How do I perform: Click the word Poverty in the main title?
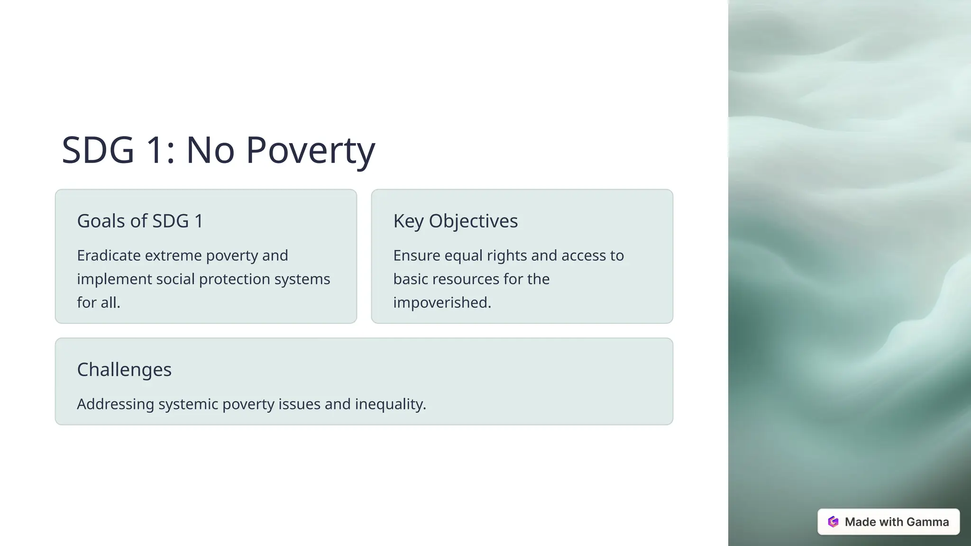[311, 151]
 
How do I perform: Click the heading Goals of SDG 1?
[140, 221]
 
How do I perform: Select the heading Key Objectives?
[455, 221]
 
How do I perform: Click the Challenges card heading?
[124, 370]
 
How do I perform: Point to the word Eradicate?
[109, 255]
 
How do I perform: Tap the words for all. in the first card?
[99, 302]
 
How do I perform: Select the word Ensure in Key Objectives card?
[416, 255]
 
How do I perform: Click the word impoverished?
[442, 302]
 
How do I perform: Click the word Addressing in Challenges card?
[115, 404]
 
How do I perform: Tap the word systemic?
[188, 404]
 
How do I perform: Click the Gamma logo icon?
[833, 522]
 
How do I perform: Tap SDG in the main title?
[98, 151]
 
